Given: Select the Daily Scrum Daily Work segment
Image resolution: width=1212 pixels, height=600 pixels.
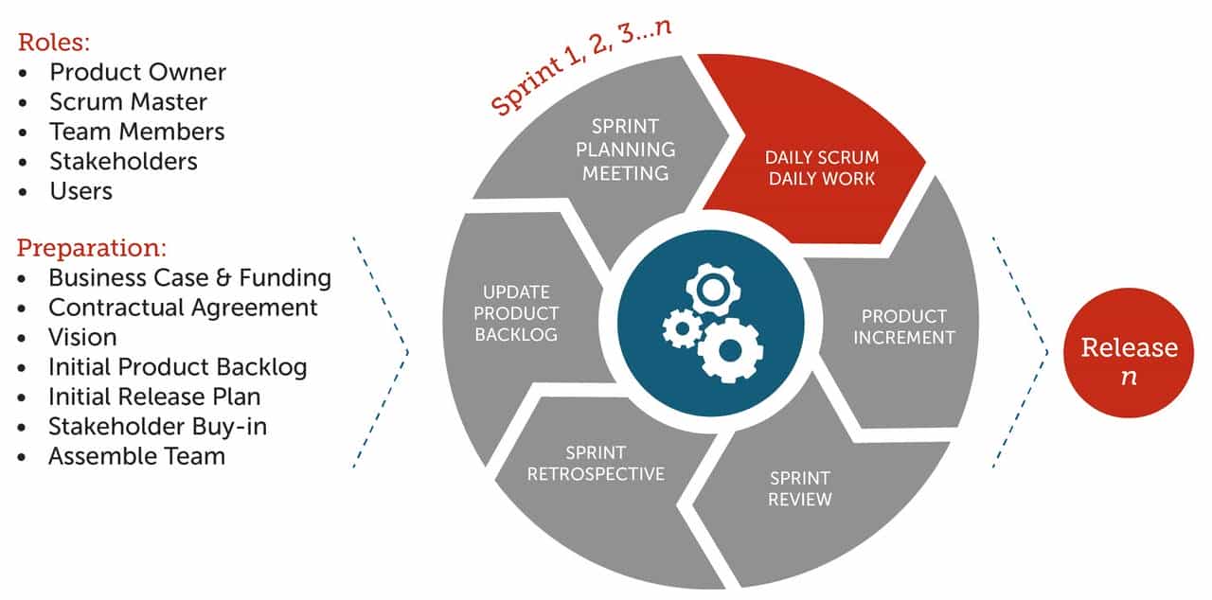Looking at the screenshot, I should click(821, 168).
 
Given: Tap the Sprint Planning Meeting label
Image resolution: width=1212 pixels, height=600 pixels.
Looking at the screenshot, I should click(625, 150).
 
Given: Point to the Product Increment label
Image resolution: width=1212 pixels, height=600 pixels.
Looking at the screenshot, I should click(903, 326).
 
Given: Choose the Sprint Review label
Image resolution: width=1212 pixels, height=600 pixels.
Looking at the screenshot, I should click(799, 488).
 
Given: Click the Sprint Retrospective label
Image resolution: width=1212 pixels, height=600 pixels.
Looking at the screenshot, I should click(596, 464).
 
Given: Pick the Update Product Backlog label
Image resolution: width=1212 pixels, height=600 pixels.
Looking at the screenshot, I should click(516, 313).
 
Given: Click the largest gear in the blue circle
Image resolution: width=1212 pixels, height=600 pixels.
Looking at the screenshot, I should click(730, 349).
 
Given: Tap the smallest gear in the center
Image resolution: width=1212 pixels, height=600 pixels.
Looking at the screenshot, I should click(681, 328).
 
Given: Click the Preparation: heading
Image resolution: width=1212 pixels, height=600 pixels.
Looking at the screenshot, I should click(92, 249).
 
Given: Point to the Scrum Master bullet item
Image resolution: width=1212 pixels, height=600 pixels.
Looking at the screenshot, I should click(128, 101).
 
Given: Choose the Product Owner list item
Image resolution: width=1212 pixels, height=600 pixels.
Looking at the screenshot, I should click(137, 72).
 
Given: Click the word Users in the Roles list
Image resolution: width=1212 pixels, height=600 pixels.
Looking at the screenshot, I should click(80, 191).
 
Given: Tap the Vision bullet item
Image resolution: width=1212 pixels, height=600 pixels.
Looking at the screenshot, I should click(82, 337).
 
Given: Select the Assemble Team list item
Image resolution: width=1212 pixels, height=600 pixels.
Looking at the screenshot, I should click(136, 456).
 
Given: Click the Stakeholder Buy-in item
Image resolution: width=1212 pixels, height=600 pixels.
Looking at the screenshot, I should click(157, 426).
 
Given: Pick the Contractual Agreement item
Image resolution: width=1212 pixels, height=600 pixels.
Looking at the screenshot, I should click(183, 308).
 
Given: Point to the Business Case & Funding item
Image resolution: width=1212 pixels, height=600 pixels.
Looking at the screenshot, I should click(189, 278).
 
